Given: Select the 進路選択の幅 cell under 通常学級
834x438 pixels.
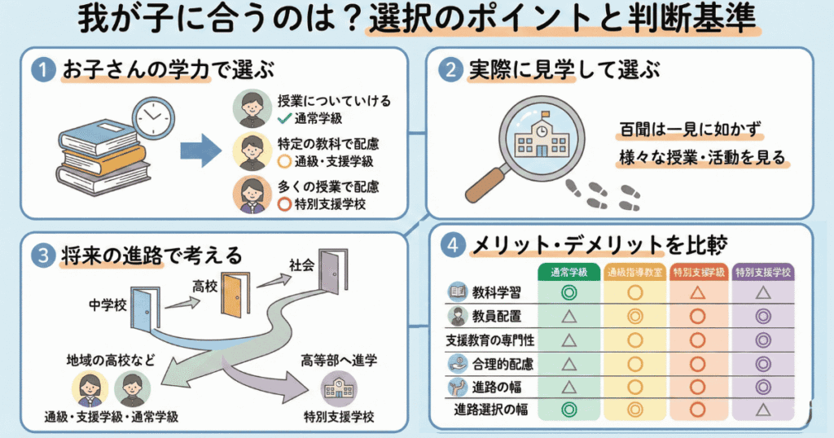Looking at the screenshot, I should (x=569, y=410).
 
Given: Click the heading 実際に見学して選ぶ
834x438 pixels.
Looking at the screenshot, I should (x=562, y=70).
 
